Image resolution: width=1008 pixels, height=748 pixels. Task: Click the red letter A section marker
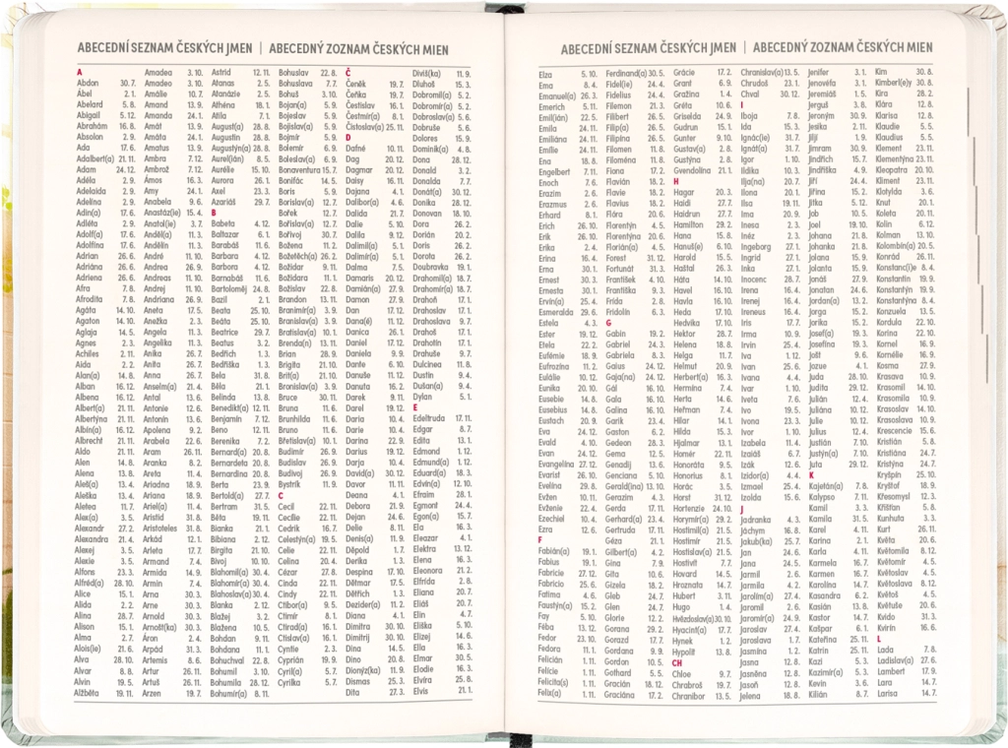[79, 73]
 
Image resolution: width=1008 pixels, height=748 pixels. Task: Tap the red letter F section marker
[540, 539]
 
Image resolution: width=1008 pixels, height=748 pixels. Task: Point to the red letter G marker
[609, 321]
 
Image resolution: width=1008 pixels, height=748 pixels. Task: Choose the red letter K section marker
[811, 474]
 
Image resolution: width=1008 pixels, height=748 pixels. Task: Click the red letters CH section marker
[677, 663]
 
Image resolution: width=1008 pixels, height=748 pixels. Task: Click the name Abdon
[88, 84]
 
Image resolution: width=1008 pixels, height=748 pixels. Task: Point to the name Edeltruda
[431, 418]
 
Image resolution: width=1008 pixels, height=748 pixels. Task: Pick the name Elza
[545, 74]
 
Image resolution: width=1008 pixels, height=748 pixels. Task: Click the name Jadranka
[755, 519]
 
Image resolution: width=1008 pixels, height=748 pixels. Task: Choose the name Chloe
[681, 674]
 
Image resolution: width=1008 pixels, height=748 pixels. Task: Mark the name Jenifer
[819, 73]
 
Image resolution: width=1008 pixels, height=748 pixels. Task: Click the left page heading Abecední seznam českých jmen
[164, 45]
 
